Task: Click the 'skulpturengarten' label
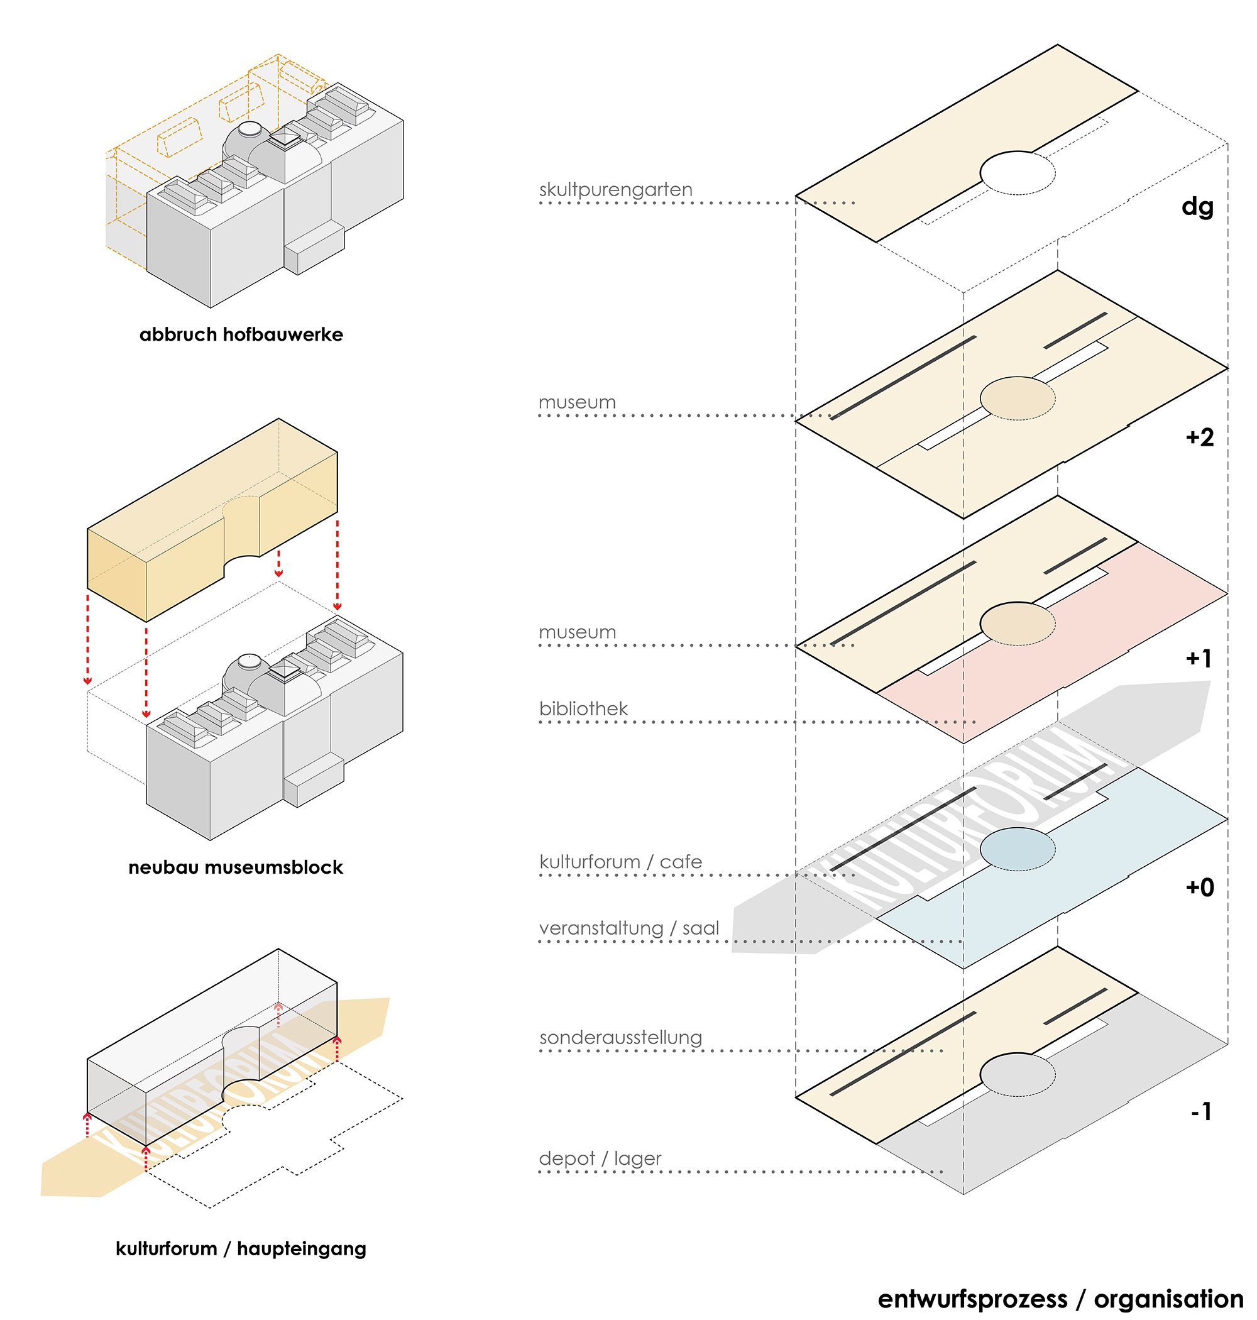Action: click(x=615, y=190)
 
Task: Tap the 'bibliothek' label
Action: click(x=583, y=708)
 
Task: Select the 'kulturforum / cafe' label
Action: click(x=620, y=862)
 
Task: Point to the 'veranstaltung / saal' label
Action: click(x=628, y=928)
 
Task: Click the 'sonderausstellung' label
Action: click(x=620, y=1037)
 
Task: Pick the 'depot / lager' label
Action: click(x=600, y=1158)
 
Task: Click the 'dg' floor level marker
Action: click(x=1197, y=206)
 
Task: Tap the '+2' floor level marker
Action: click(x=1199, y=437)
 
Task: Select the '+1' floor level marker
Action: click(x=1199, y=658)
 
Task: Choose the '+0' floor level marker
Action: click(x=1199, y=887)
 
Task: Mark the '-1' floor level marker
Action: click(x=1200, y=1111)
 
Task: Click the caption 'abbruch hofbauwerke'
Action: click(x=241, y=334)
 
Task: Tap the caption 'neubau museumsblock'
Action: click(x=236, y=867)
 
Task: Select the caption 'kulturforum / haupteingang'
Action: click(x=241, y=1248)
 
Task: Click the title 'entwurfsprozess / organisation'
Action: click(x=1061, y=1299)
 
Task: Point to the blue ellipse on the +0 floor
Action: click(x=1017, y=849)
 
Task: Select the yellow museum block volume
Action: click(x=212, y=520)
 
